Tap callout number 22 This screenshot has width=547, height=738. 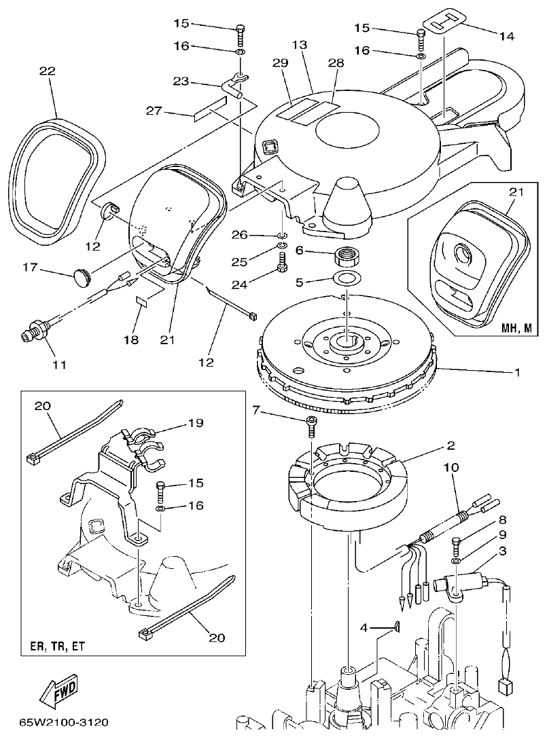(x=47, y=71)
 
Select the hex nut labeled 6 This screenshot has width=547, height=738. (x=347, y=257)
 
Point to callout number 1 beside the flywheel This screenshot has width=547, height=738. (x=516, y=372)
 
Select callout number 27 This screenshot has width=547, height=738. (x=155, y=111)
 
